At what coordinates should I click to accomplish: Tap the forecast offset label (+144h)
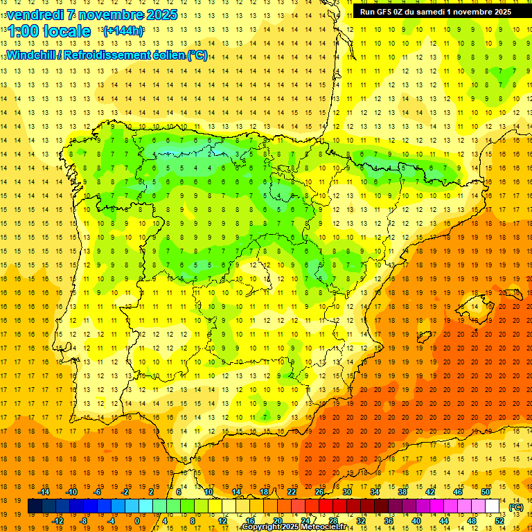tap(123, 30)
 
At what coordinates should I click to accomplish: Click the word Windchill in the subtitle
tap(30, 55)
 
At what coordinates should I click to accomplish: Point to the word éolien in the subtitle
tap(166, 55)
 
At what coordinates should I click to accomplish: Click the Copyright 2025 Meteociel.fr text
tap(294, 527)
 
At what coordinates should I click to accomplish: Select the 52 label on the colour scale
tap(499, 521)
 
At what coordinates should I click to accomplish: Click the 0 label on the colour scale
tap(136, 521)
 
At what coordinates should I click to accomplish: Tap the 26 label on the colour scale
tap(319, 492)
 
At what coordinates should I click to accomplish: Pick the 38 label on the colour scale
tap(402, 492)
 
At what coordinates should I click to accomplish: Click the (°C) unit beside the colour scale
tap(515, 507)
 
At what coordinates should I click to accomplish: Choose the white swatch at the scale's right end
tap(493, 506)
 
